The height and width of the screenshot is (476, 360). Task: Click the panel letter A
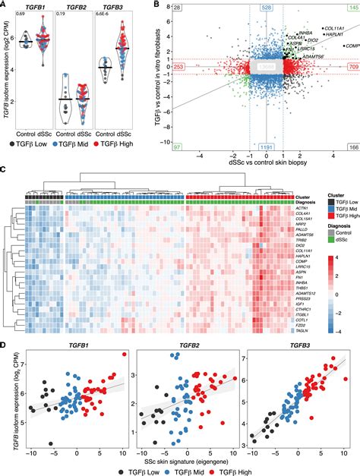[x=4, y=5]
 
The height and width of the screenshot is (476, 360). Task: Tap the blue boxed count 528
[x=267, y=7]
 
